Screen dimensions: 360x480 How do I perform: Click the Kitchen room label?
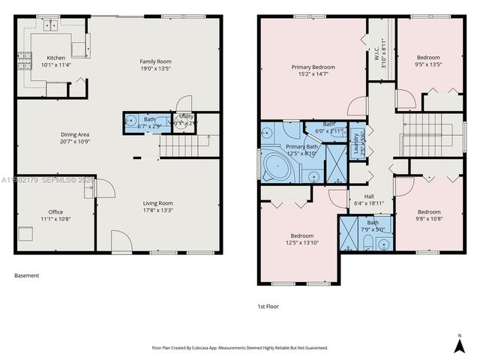click(57, 58)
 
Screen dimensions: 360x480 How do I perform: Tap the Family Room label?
click(155, 61)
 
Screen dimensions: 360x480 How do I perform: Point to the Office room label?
click(55, 211)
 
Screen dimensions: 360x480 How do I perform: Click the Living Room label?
click(158, 202)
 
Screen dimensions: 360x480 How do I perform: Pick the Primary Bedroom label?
click(313, 67)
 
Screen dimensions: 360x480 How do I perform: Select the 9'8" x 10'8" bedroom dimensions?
click(429, 219)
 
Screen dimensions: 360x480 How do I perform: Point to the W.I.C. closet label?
click(376, 54)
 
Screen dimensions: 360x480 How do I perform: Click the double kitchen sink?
click(51, 25)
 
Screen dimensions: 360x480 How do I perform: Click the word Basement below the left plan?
click(26, 275)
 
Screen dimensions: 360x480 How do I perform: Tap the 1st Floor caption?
click(268, 306)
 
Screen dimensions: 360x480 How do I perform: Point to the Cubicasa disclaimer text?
click(240, 348)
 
